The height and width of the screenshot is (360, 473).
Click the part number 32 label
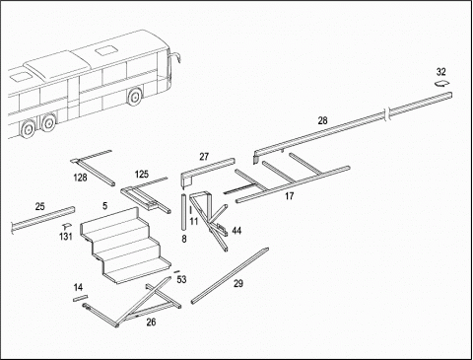pos(441,72)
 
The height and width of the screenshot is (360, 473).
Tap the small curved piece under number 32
pos(441,84)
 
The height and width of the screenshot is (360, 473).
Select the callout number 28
pos(322,120)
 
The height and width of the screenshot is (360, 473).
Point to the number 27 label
pos(204,157)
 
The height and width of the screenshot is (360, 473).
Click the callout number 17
pos(289,196)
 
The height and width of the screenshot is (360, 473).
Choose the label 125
pos(142,175)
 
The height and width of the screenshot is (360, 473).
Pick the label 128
pos(80,178)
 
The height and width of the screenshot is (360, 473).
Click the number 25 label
pos(39,207)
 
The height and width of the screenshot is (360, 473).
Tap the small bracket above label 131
pos(67,226)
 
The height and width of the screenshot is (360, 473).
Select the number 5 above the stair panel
pos(104,206)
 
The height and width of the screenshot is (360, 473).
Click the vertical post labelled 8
pos(184,212)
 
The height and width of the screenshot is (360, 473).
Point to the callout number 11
pos(194,221)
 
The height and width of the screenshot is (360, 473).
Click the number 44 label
pos(236,231)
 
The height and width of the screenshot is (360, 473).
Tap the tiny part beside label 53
pos(176,272)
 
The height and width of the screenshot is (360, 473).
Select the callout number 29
pos(238,283)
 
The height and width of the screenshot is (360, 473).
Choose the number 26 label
pos(151,322)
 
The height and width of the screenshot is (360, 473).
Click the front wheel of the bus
pos(134,97)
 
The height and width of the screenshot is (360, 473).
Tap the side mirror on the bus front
pos(177,57)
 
